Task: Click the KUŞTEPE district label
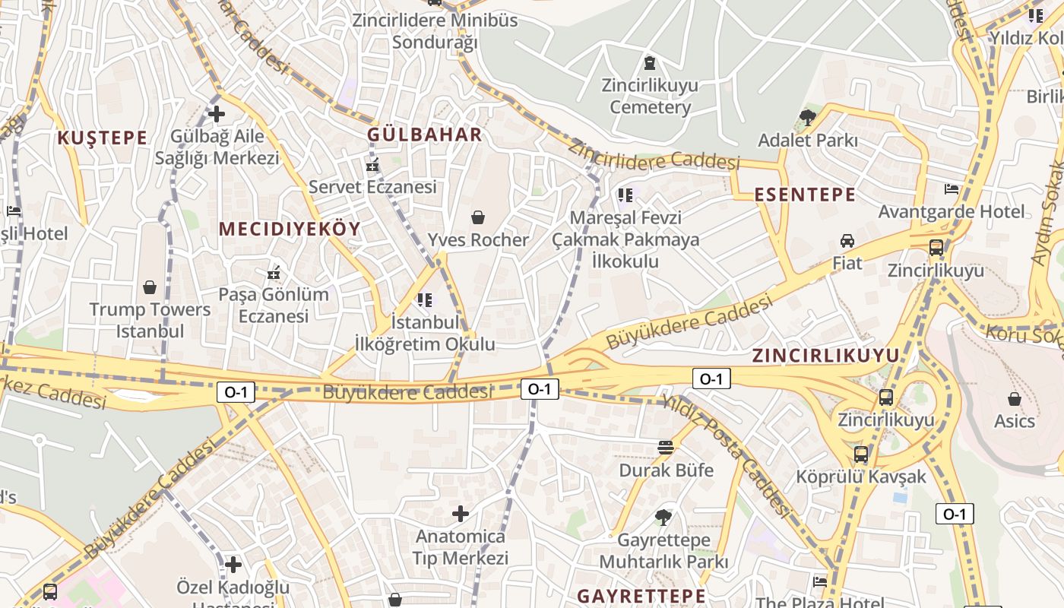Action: pyautogui.click(x=102, y=138)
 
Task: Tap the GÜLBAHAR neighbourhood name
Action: pyautogui.click(x=425, y=135)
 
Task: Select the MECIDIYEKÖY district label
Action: pyautogui.click(x=290, y=228)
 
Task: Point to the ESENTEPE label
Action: pyautogui.click(x=805, y=195)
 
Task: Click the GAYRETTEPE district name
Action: pyautogui.click(x=641, y=594)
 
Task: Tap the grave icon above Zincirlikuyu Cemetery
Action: pyautogui.click(x=650, y=62)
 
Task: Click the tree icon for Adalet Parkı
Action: pyautogui.click(x=807, y=118)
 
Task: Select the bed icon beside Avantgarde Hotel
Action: pyautogui.click(x=951, y=188)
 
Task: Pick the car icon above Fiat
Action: pyautogui.click(x=847, y=241)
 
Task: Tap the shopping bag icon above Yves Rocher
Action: pyautogui.click(x=477, y=218)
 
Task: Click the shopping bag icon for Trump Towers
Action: pyautogui.click(x=150, y=287)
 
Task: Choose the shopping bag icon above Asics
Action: pyautogui.click(x=1014, y=398)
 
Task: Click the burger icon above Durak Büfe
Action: pyautogui.click(x=666, y=448)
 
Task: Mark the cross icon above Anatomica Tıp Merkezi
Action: pyautogui.click(x=460, y=514)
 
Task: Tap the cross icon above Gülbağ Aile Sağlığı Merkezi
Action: pyautogui.click(x=217, y=114)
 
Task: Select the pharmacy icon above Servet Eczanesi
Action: pyautogui.click(x=372, y=164)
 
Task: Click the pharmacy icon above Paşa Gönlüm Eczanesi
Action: pyautogui.click(x=274, y=272)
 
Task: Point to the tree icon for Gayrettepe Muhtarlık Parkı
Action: pyautogui.click(x=663, y=518)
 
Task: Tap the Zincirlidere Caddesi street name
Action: pyautogui.click(x=654, y=155)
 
